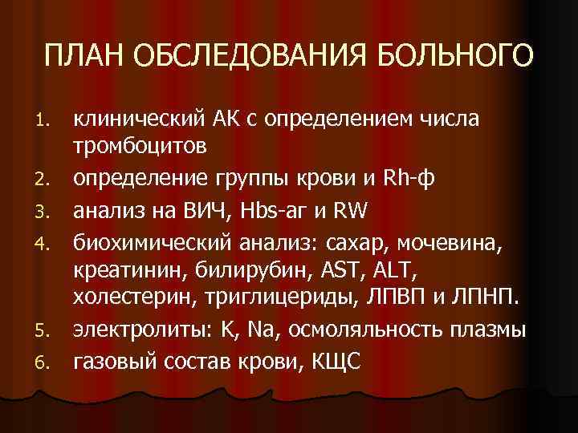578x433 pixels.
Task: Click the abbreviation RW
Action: click(352, 211)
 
